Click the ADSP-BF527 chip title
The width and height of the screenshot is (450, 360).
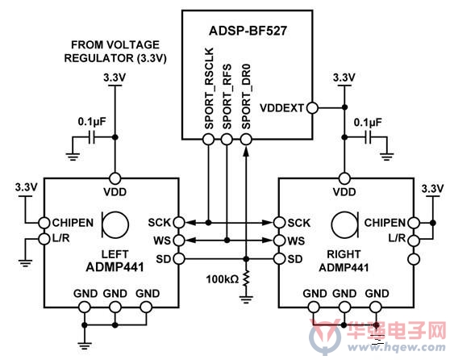pos(248,31)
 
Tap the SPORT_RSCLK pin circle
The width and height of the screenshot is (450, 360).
pos(209,140)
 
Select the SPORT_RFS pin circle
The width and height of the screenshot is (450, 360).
pos(227,140)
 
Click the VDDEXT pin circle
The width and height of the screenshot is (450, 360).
pos(312,108)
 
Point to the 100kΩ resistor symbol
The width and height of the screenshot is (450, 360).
pos(246,278)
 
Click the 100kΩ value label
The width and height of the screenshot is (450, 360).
pos(223,279)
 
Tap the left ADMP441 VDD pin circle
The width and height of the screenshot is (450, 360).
pos(115,178)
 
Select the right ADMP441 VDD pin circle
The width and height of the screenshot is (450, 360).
pos(344,178)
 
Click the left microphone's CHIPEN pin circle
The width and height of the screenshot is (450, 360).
pos(44,223)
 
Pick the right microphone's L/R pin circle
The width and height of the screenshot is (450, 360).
pos(414,240)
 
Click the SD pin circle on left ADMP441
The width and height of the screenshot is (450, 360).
pos(179,259)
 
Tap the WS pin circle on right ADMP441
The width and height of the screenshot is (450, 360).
pos(279,241)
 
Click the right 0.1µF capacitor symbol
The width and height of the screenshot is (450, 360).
pos(369,137)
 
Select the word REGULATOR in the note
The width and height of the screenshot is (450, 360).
pos(98,58)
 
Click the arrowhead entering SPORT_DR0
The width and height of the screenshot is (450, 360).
pos(246,152)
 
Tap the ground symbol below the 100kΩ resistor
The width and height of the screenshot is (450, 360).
pos(246,299)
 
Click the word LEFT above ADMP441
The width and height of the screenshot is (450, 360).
pos(115,254)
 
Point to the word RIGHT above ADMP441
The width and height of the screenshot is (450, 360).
pos(344,254)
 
